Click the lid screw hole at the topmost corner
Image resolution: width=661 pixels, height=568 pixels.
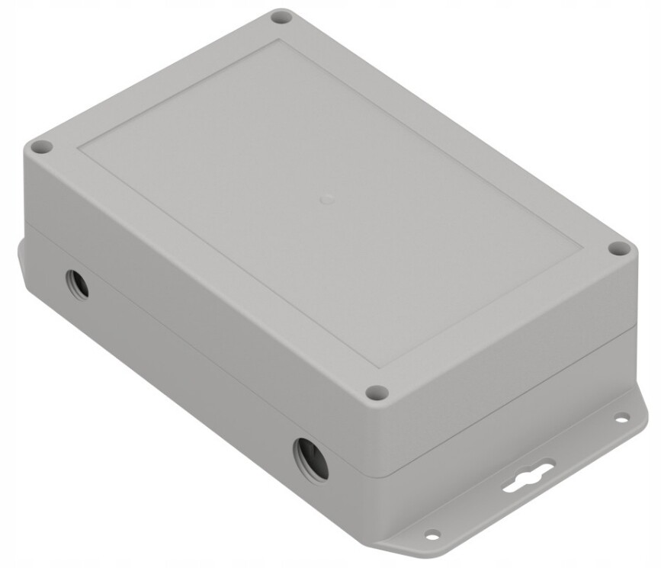click(x=282, y=17)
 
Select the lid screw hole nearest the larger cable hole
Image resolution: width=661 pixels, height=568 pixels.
click(x=376, y=393)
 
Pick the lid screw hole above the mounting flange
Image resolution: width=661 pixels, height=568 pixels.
click(x=620, y=249)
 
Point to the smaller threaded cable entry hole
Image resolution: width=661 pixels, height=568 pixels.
click(x=77, y=284)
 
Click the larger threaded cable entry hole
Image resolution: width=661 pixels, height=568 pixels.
click(x=311, y=458)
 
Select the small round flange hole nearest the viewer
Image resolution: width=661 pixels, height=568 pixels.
click(x=432, y=534)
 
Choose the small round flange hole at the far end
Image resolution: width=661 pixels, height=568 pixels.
click(x=622, y=417)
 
